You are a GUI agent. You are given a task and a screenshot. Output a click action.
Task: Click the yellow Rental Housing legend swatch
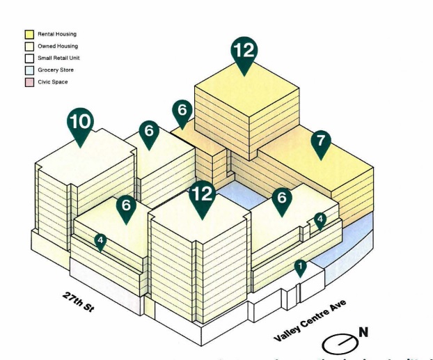29,34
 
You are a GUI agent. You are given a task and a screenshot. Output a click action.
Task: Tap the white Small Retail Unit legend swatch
29,58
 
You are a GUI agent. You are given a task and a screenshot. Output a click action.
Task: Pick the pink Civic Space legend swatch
29,82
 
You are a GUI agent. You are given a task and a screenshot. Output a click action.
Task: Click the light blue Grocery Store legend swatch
29,70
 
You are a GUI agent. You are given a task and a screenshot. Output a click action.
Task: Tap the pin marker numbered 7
321,140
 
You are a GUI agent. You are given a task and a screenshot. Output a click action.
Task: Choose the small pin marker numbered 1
300,266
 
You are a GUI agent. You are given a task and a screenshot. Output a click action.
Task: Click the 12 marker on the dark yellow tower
244,52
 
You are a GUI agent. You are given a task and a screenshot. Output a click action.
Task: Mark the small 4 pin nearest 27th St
101,242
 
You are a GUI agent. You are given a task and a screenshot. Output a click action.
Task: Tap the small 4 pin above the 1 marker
320,219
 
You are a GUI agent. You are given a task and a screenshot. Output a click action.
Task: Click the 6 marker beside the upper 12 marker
182,111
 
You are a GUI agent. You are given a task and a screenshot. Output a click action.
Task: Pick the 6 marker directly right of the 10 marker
149,131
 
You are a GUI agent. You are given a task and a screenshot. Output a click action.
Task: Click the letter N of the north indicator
363,333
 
